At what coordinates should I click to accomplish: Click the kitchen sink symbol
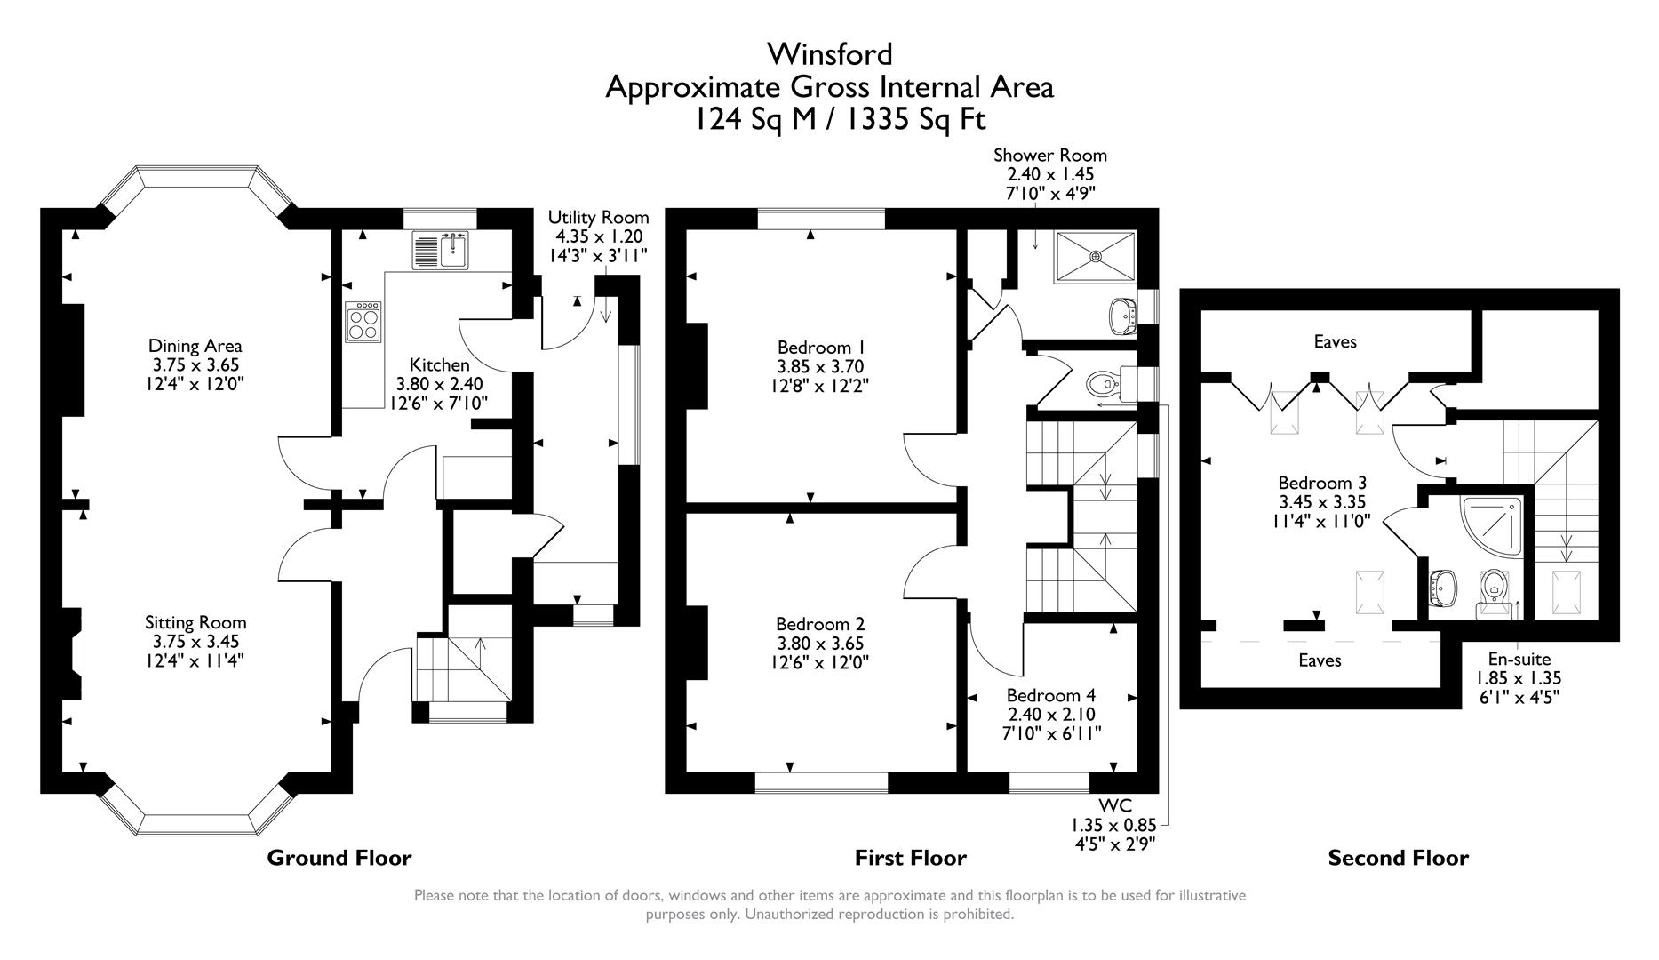[441, 250]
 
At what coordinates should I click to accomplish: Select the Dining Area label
[195, 346]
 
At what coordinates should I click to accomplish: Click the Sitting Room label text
[195, 622]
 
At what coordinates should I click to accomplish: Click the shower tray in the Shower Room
[1095, 257]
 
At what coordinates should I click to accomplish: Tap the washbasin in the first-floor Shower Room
[1122, 315]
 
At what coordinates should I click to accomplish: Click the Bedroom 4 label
[1051, 695]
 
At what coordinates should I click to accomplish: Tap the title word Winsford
[830, 54]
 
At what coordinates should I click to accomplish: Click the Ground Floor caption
[339, 858]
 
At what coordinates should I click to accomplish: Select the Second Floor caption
[1398, 858]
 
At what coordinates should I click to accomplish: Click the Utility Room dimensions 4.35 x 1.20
[599, 236]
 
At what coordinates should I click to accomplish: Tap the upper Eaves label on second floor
[1335, 341]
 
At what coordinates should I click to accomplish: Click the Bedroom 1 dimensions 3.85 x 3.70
[820, 366]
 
